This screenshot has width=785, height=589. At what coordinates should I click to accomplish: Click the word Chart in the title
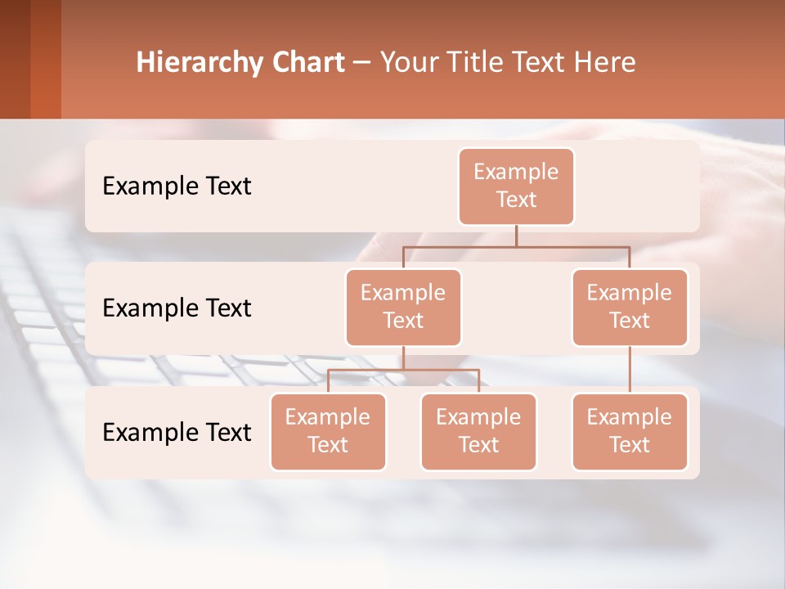coord(307,63)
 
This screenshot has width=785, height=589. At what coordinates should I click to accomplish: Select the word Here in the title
coord(604,63)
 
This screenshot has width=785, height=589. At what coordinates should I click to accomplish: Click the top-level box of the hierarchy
coord(516,186)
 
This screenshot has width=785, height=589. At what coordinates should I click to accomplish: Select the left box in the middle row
coord(403,307)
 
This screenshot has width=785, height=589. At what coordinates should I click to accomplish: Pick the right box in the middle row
coord(630,307)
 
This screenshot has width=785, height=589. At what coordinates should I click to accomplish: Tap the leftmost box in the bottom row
coord(328,431)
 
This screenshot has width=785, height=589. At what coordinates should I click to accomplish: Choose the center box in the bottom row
coord(478,431)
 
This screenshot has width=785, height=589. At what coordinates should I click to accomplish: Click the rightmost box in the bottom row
coord(630,431)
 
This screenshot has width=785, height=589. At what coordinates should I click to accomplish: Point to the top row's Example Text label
coord(177,187)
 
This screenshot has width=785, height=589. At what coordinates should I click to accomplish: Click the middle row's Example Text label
coord(177,308)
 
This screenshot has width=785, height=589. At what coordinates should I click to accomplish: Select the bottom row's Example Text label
coord(177,433)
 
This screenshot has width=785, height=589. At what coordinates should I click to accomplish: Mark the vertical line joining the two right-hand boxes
coord(630,370)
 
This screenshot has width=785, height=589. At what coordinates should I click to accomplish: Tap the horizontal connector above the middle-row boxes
coord(516,246)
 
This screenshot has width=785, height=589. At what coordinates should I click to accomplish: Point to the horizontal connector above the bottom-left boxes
coord(403,370)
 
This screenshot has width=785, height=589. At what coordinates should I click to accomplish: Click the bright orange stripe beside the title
coord(46,59)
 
